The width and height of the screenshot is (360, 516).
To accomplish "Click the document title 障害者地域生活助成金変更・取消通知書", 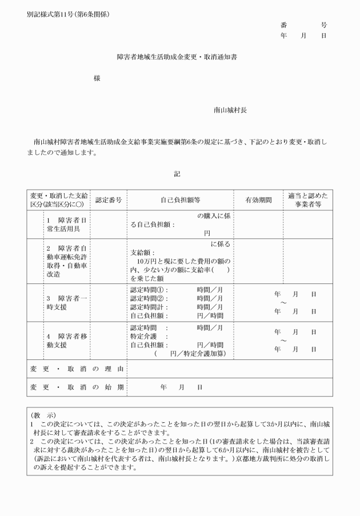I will (x=180, y=58).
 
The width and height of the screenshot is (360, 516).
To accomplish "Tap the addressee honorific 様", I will (x=97, y=79).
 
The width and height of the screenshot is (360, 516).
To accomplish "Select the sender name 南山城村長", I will (x=230, y=110).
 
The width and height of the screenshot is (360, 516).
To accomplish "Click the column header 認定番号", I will (x=109, y=201).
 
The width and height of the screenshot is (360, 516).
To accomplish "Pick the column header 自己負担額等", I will (x=180, y=201).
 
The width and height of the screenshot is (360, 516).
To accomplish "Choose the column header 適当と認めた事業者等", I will (x=308, y=200).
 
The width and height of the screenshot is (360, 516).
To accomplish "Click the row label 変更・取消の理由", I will (x=77, y=369).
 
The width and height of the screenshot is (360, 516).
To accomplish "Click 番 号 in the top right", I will (x=303, y=25).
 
